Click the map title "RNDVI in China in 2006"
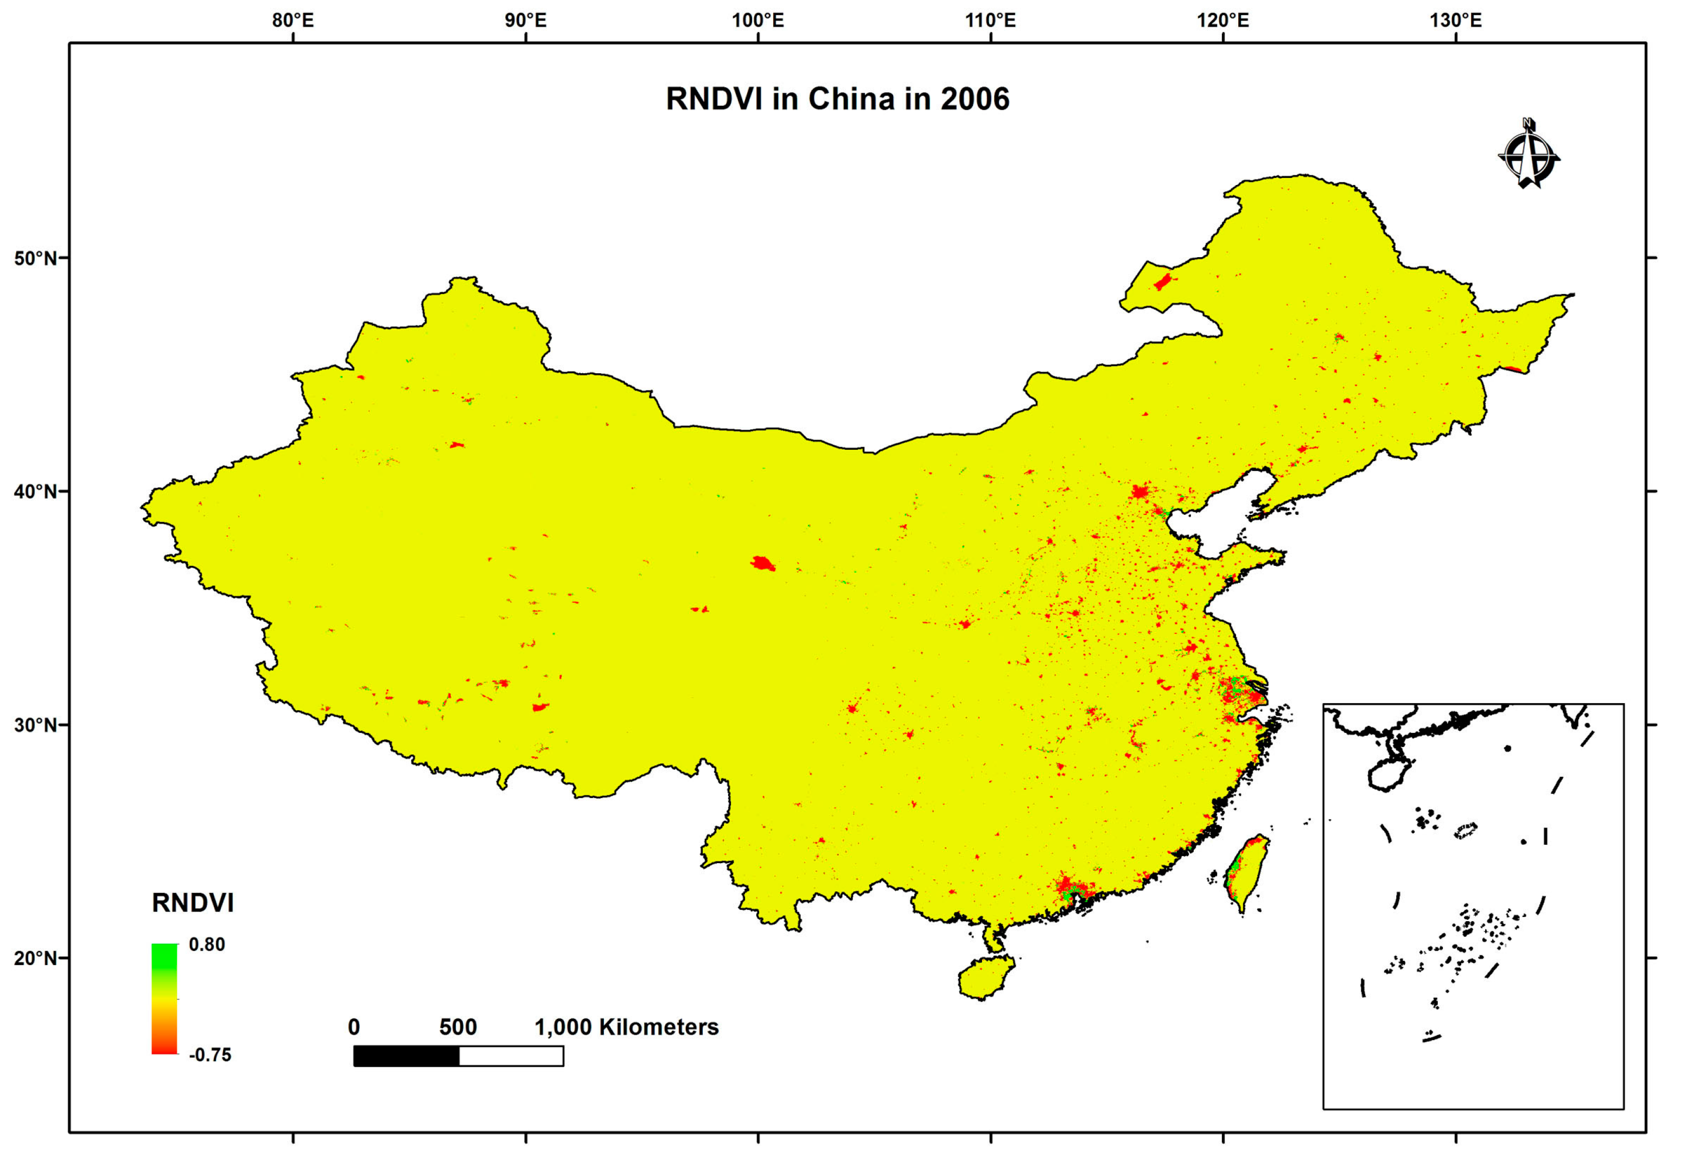[x=837, y=99]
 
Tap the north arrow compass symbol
[x=1528, y=155]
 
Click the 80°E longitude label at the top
[x=293, y=21]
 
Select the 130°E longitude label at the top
[x=1455, y=21]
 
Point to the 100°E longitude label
[x=758, y=21]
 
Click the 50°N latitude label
[x=35, y=258]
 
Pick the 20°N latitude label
[x=35, y=958]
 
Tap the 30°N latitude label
[x=35, y=725]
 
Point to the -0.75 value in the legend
[x=209, y=1055]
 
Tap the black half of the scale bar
[x=406, y=1055]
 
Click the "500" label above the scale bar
[x=457, y=1027]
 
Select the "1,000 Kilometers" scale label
[x=627, y=1027]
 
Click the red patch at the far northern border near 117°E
[x=1162, y=282]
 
